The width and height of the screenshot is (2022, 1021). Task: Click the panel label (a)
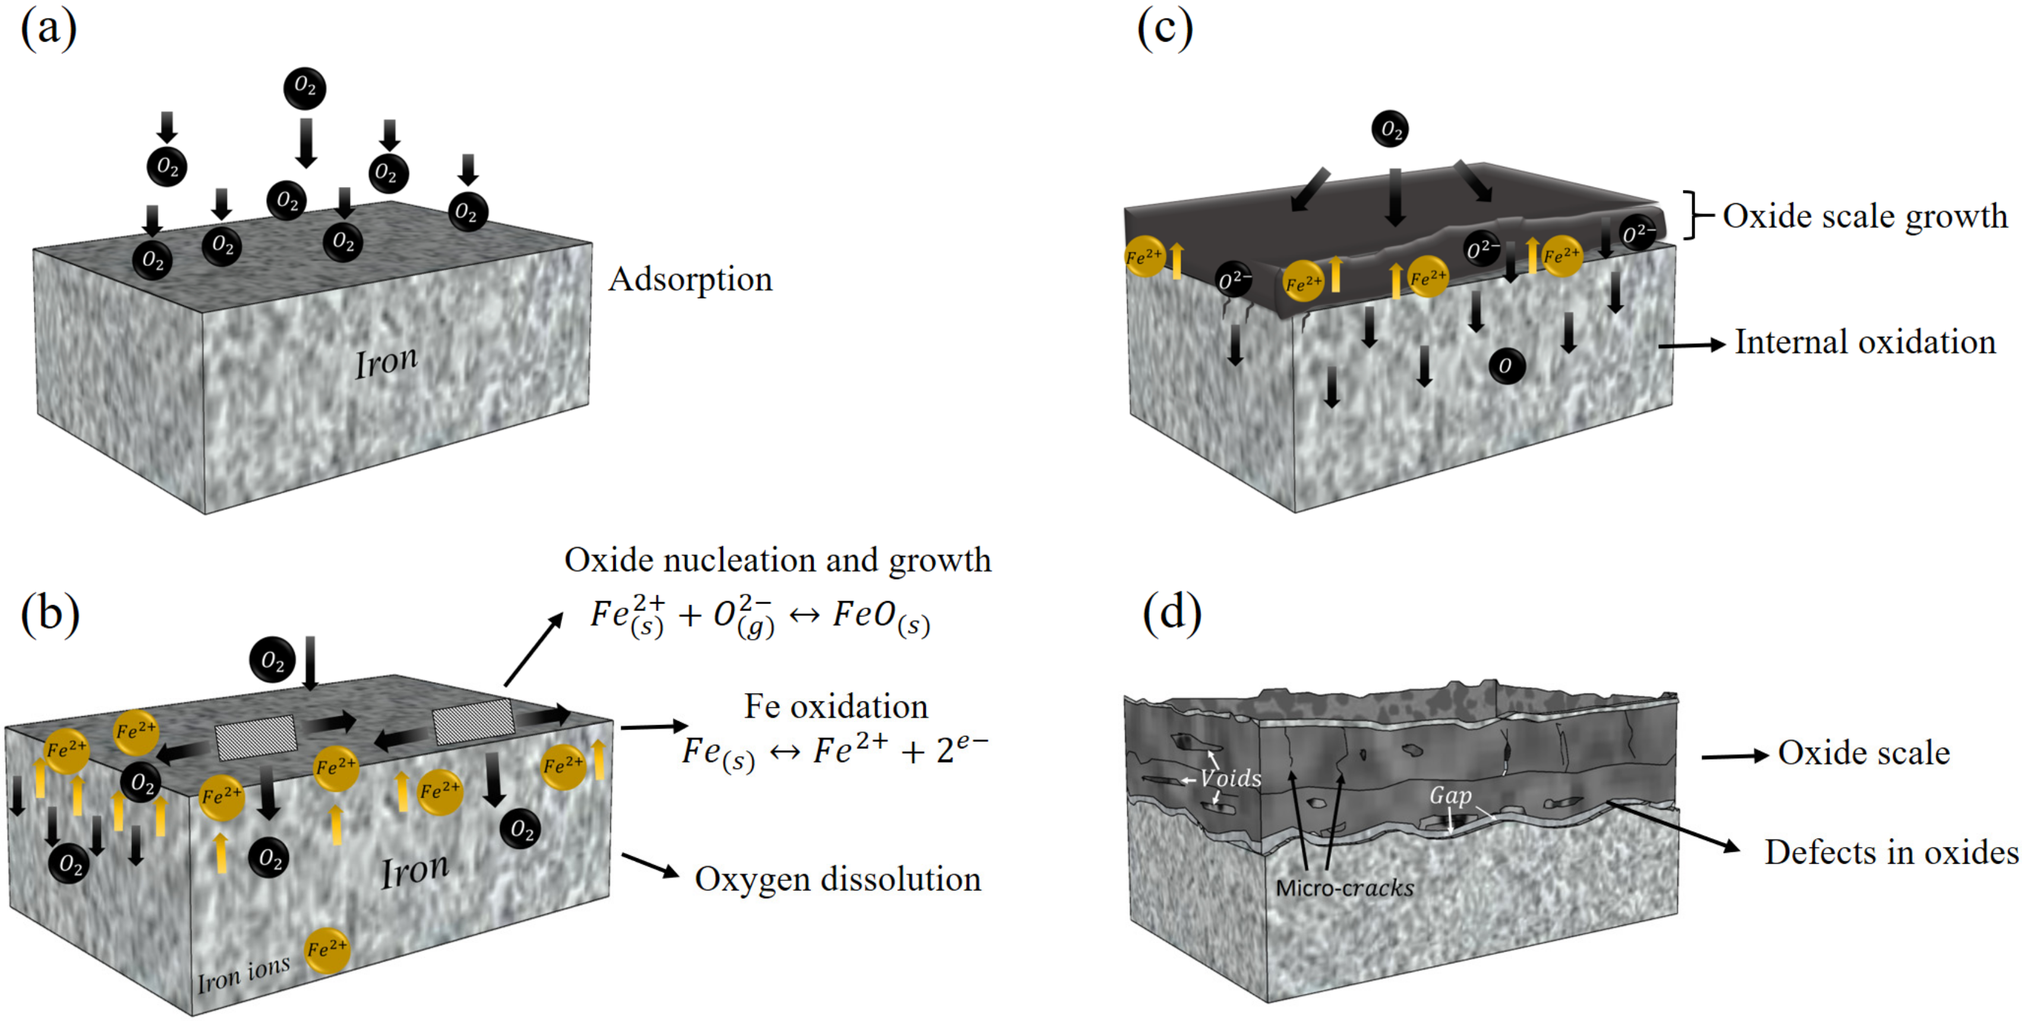coord(49,30)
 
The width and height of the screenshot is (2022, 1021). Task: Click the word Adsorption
coord(690,279)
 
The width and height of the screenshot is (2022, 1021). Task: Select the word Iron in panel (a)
coord(386,362)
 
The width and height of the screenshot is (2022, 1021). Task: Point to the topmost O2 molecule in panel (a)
coord(305,88)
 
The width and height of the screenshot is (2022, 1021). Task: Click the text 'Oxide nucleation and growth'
coord(777,560)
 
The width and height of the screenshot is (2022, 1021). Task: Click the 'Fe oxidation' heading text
coord(835,706)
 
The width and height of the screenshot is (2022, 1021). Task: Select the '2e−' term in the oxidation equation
coord(963,750)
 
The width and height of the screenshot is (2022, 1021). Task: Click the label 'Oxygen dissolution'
coord(838,879)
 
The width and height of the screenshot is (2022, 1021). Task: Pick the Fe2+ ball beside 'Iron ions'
coord(327,950)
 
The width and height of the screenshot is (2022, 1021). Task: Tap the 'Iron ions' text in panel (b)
coord(244,974)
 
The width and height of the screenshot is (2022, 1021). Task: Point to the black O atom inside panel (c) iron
coord(1506,366)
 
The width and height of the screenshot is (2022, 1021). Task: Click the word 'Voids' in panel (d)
coord(1230,779)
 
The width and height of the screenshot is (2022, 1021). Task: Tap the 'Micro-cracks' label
coord(1345,889)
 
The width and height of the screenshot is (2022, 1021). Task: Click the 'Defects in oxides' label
coord(1891,852)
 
